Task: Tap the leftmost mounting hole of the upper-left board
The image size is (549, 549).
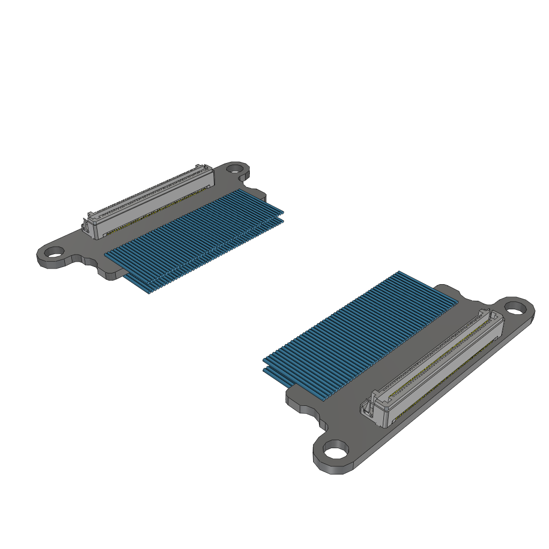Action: pyautogui.click(x=53, y=251)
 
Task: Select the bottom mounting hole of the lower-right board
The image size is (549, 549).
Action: pyautogui.click(x=336, y=450)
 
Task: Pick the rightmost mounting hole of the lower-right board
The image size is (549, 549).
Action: pyautogui.click(x=515, y=308)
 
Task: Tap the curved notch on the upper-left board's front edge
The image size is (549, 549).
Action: pyautogui.click(x=88, y=261)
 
